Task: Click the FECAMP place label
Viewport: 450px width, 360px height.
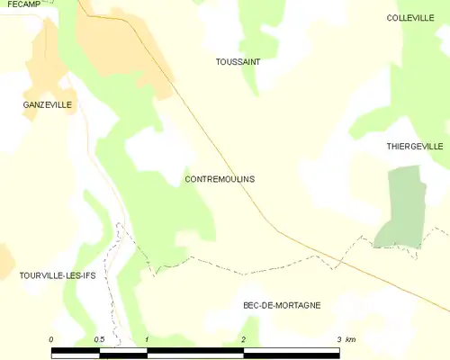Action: [x=18, y=5]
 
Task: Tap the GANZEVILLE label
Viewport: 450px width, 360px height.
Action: [x=47, y=105]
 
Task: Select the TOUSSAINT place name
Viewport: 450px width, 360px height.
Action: [x=238, y=62]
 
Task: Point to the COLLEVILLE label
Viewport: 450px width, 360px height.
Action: [x=410, y=18]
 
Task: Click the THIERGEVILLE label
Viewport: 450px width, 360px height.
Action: [x=415, y=146]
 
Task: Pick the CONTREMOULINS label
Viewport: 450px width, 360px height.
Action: [x=220, y=179]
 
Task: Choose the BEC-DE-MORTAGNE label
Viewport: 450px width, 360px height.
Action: [x=282, y=305]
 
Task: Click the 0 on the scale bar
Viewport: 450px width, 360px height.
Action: [x=51, y=339]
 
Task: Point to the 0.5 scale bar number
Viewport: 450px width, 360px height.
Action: [x=99, y=339]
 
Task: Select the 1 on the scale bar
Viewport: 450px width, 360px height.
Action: [x=147, y=339]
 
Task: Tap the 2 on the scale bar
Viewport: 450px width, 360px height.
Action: [x=243, y=339]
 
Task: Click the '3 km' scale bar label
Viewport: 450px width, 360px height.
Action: [x=346, y=339]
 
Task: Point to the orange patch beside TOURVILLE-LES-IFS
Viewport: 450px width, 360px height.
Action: [x=4, y=261]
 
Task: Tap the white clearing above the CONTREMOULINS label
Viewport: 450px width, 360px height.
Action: [x=157, y=148]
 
